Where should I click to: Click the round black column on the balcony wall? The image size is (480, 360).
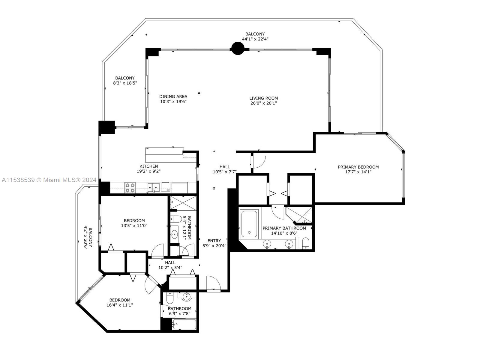click(238, 48)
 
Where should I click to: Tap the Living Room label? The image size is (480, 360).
click(263, 98)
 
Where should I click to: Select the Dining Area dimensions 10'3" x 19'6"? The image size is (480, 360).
click(173, 101)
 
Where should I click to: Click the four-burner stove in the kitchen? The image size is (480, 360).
click(130, 188)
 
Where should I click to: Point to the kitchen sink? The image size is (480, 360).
click(154, 187)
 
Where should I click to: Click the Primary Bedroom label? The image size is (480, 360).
click(358, 167)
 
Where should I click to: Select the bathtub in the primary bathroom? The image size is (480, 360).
click(249, 224)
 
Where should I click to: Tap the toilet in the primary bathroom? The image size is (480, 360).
click(305, 244)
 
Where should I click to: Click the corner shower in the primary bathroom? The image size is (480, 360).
click(299, 215)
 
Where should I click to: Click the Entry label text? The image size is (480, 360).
click(214, 241)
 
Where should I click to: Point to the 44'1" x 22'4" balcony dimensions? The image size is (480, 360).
click(255, 39)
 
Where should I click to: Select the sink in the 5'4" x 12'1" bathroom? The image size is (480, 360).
click(174, 234)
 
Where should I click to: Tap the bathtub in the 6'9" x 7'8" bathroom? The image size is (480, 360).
click(184, 324)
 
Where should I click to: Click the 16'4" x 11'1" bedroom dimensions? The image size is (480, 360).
click(120, 305)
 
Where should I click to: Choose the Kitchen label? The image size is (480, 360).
click(149, 166)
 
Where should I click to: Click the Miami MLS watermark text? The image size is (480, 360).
click(49, 180)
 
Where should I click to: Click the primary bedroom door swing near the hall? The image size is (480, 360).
click(259, 162)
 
